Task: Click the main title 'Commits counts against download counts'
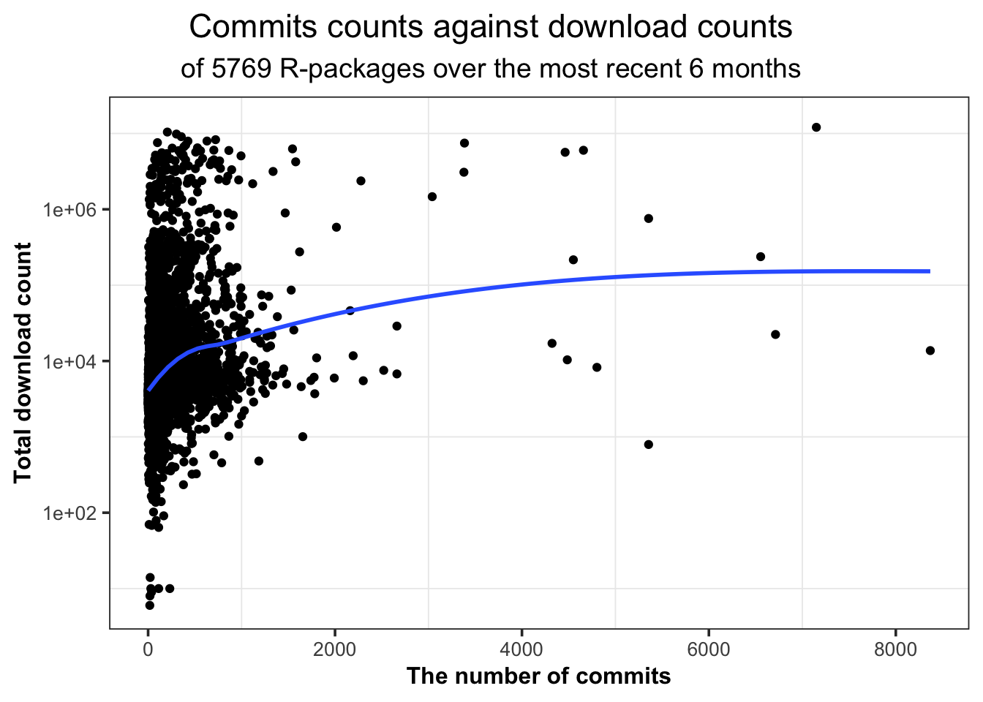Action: click(x=491, y=28)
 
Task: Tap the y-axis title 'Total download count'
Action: click(x=23, y=363)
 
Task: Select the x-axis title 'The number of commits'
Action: click(x=538, y=676)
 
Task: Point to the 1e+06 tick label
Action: click(x=71, y=210)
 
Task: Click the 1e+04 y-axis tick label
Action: click(x=71, y=361)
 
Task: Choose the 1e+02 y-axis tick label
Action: click(x=71, y=513)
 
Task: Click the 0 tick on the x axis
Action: click(x=148, y=649)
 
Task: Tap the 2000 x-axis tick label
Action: click(x=335, y=649)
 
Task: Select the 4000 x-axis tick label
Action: click(x=521, y=649)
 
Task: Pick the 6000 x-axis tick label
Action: click(x=709, y=649)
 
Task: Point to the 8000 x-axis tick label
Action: click(x=895, y=649)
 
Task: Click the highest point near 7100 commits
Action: click(x=816, y=127)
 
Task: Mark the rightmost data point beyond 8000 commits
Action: click(x=930, y=350)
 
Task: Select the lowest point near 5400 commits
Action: click(x=648, y=445)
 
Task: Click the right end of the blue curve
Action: click(x=929, y=271)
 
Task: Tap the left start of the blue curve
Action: click(x=149, y=390)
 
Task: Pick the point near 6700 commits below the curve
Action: click(x=775, y=334)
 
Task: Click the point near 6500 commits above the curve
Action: click(x=761, y=257)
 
